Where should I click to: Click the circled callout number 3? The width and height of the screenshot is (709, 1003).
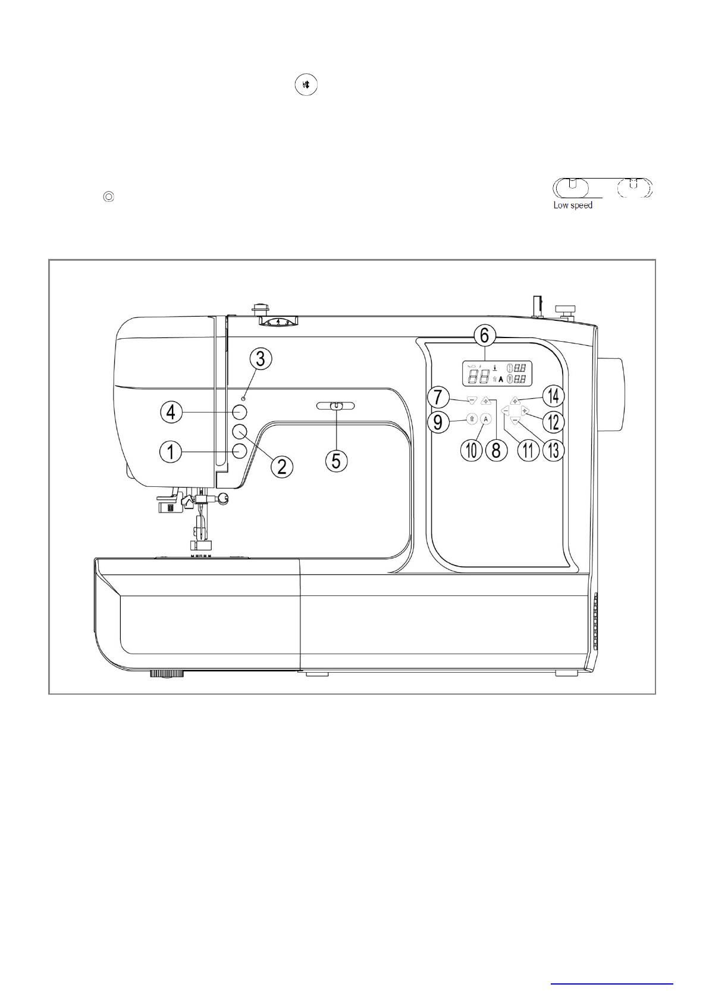261,359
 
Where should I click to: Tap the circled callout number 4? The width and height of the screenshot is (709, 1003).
171,412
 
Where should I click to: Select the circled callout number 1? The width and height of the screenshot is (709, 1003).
171,451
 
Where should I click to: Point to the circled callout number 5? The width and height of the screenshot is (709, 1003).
337,461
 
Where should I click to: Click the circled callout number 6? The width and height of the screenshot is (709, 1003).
485,335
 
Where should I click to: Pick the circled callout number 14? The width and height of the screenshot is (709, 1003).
554,396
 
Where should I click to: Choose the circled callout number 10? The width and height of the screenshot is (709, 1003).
472,450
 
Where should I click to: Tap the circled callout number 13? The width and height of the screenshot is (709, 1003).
554,450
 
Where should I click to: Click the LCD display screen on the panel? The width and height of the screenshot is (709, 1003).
497,373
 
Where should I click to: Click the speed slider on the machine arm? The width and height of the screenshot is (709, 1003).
335,406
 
